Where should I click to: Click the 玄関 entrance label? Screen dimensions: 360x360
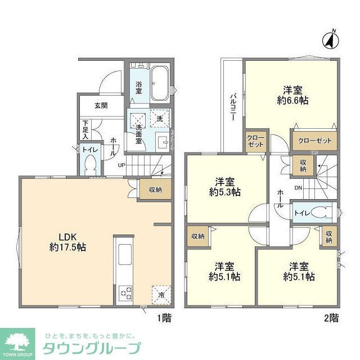101,106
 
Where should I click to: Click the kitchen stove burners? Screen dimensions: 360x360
125,292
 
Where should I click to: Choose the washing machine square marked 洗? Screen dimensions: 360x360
160,119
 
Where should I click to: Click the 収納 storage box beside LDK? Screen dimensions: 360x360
155,190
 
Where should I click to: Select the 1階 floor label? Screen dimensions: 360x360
163,318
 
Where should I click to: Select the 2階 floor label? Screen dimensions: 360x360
331,318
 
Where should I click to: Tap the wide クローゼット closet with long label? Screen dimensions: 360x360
314,141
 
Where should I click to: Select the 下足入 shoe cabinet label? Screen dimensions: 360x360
85,129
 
